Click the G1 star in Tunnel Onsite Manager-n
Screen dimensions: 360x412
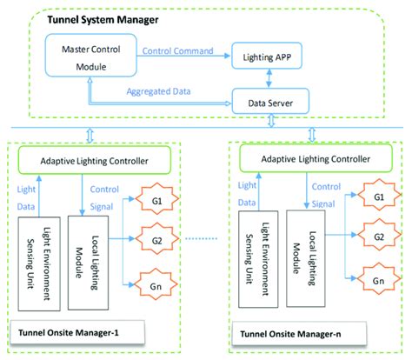pyautogui.click(x=377, y=198)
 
